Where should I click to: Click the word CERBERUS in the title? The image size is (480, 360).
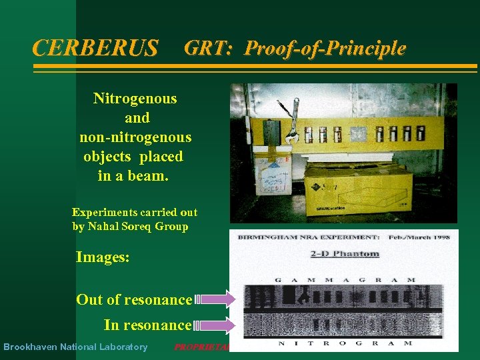(x=95, y=48)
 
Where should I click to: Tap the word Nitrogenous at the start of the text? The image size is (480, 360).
(x=135, y=99)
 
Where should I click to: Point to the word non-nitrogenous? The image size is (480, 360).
(x=135, y=137)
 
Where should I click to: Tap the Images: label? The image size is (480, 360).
(x=103, y=257)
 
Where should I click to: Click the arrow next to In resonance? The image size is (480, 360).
(x=215, y=325)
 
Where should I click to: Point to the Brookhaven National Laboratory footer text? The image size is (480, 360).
(x=75, y=347)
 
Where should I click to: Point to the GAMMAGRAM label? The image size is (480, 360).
(x=345, y=279)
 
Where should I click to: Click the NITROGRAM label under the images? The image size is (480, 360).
(x=345, y=344)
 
